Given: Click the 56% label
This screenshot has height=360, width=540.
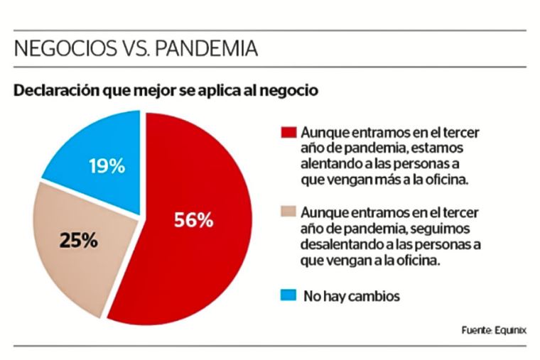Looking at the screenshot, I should [x=193, y=220].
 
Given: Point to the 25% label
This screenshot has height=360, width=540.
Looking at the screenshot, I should [x=78, y=241].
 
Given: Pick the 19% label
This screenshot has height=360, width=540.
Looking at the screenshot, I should [x=107, y=168].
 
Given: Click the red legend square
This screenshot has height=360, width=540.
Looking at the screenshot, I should [x=288, y=133].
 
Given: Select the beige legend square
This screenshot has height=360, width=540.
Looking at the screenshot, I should [x=288, y=212].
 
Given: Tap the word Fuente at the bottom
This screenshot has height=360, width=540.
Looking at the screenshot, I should [x=475, y=330].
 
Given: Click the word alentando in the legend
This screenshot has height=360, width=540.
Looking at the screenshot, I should [x=330, y=164].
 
